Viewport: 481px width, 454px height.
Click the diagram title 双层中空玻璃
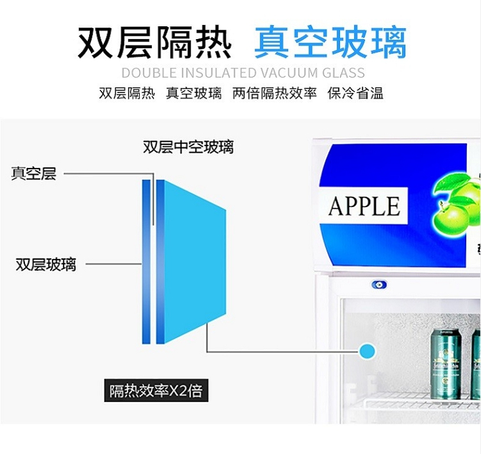point(189,147)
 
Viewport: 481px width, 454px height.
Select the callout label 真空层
point(34,173)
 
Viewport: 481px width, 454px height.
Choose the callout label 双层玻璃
point(46,264)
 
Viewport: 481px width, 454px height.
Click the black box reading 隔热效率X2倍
point(156,390)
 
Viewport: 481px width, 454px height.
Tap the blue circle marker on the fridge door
point(367,350)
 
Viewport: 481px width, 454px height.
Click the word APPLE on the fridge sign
point(364,206)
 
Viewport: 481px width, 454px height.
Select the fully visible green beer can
point(445,364)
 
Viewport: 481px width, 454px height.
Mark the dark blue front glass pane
point(146,262)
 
